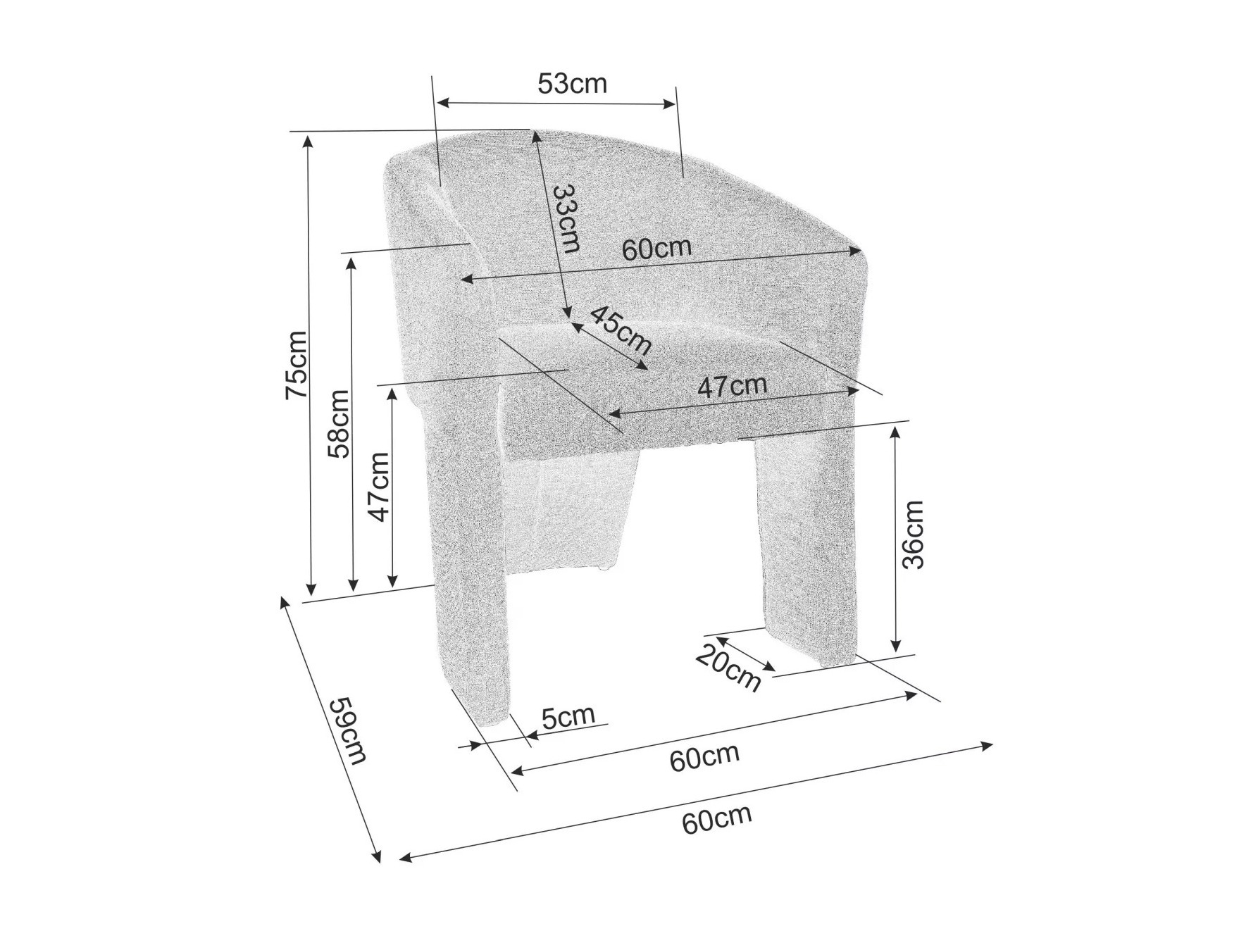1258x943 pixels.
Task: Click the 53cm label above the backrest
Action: tap(572, 84)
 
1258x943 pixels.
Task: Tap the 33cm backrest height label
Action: tap(566, 218)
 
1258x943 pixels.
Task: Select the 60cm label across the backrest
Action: tap(656, 249)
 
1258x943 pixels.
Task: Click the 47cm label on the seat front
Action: tap(732, 386)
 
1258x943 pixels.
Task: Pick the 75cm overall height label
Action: tap(296, 365)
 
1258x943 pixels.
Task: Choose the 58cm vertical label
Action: tap(339, 424)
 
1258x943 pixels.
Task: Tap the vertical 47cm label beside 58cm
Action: tap(379, 487)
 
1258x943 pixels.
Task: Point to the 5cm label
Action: tap(568, 716)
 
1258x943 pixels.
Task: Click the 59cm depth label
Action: tap(349, 730)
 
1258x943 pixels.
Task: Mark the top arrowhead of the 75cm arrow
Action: tap(308, 138)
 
